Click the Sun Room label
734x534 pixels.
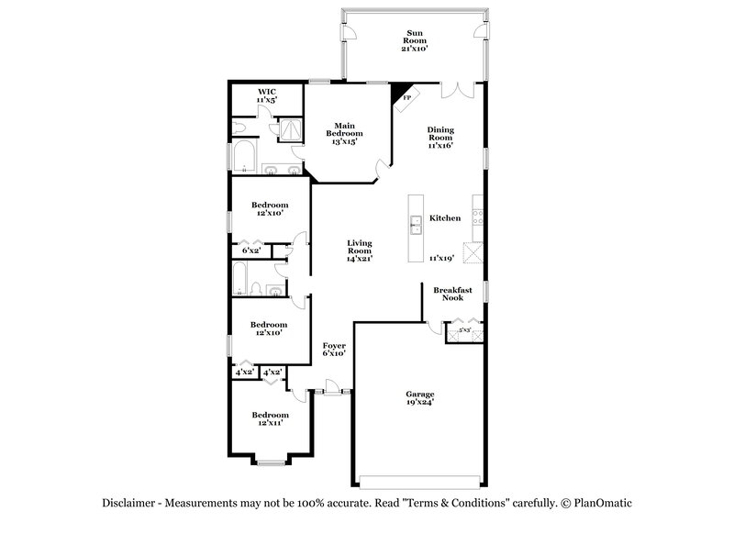(x=415, y=40)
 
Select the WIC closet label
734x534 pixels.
(x=267, y=95)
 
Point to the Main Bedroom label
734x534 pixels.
(x=344, y=133)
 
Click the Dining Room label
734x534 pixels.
(x=439, y=137)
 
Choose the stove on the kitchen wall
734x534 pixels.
(x=478, y=217)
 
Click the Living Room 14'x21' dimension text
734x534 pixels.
(x=359, y=259)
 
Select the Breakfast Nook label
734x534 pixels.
(x=452, y=294)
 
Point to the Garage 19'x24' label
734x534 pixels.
(x=419, y=397)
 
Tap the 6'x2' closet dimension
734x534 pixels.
(x=251, y=249)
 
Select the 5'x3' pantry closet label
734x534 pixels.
(x=464, y=329)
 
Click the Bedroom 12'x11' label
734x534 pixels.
(x=267, y=419)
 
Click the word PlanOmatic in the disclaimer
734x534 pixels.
(x=605, y=504)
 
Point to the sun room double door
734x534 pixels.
(x=455, y=90)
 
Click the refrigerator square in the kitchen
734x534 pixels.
(x=473, y=252)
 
